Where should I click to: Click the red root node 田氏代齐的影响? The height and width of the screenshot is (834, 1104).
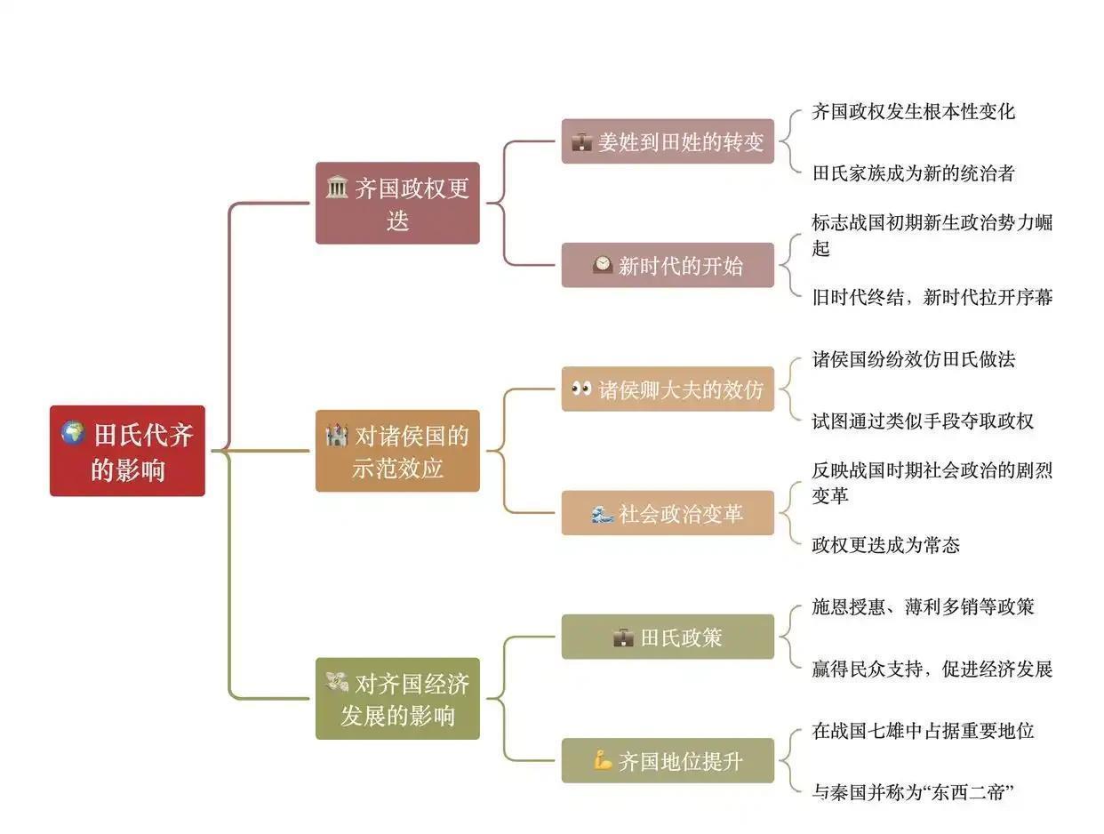coord(127,451)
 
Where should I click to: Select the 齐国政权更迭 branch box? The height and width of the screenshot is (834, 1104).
coord(397,203)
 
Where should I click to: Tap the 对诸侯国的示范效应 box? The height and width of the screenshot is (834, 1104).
coord(397,451)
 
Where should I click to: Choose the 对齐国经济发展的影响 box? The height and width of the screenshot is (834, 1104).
coord(397,699)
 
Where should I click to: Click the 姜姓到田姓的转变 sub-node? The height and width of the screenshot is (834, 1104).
coord(668,141)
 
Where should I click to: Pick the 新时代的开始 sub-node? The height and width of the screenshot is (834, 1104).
coord(668,265)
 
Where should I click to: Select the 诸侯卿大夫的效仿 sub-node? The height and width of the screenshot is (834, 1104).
coord(668,389)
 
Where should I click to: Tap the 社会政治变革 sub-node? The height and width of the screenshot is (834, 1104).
coord(668,513)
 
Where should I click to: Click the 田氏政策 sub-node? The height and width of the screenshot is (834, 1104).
coord(668,637)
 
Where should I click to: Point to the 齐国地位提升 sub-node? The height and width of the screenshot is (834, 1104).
coord(668,761)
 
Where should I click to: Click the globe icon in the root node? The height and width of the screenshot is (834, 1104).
coord(73,434)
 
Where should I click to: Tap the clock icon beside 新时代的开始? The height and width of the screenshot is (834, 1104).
coord(603,265)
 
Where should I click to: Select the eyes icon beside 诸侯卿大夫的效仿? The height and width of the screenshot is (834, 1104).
coord(581,389)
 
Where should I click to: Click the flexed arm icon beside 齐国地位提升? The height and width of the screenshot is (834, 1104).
coord(603,761)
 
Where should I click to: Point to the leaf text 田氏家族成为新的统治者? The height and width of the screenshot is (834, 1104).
coord(913,172)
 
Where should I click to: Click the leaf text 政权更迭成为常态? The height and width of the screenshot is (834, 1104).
coord(885,544)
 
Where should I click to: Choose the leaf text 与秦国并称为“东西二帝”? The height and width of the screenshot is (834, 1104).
coord(913,791)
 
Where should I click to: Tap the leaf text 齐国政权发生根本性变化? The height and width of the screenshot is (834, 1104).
coord(913,111)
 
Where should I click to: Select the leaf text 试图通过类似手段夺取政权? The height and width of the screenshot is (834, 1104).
coord(923,421)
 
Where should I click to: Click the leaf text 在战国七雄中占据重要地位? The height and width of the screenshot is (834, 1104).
coord(923,731)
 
